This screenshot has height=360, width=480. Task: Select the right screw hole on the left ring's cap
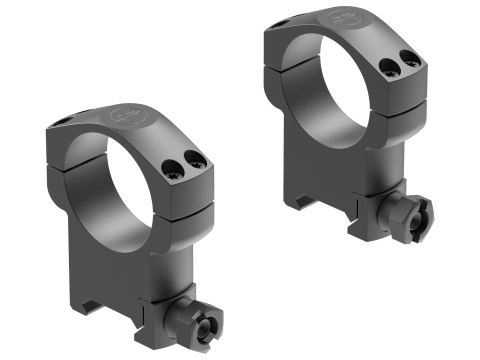pyautogui.click(x=197, y=159)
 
